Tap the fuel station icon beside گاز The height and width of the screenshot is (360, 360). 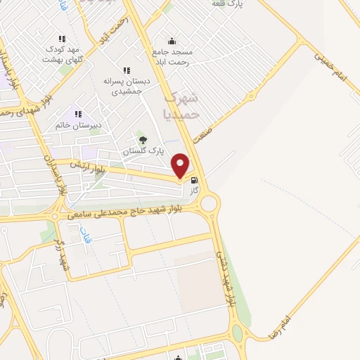coord(194,180)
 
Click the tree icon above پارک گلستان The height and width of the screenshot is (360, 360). coord(143,140)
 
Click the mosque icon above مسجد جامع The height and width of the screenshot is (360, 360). coord(172,41)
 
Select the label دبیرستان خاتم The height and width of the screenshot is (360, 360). coord(79,125)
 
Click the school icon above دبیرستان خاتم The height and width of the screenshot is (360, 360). coord(78,114)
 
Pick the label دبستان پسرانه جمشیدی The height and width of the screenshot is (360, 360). coord(123,86)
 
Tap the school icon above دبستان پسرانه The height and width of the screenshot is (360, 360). coord(126,70)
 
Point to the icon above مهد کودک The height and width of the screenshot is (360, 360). coord(62,39)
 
